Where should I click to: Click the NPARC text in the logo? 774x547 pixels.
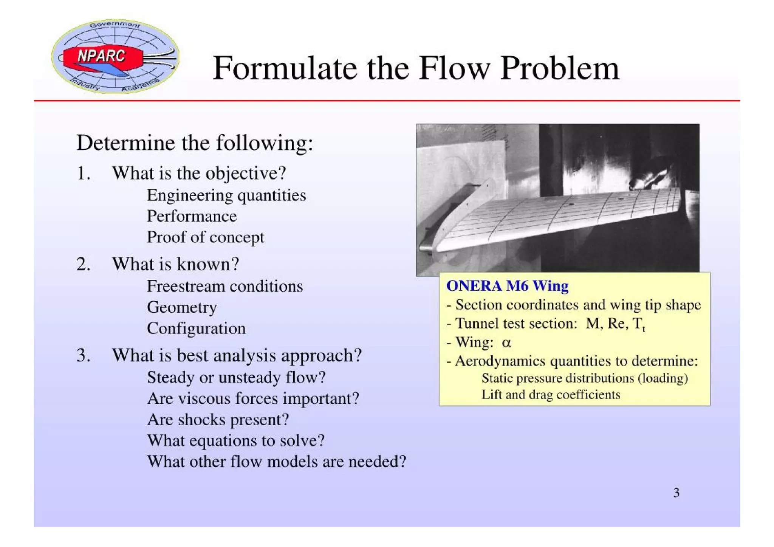[101, 56]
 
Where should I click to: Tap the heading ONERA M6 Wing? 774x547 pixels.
[507, 286]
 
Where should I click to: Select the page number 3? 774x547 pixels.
[676, 493]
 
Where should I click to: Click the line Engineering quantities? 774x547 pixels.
[226, 195]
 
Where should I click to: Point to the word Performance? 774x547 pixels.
[192, 216]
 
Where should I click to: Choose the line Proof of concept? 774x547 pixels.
[205, 237]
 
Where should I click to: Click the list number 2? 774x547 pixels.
[83, 264]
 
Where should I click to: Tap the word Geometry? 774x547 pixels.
[182, 307]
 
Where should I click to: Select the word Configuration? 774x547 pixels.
[196, 328]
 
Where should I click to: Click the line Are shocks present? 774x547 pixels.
[218, 420]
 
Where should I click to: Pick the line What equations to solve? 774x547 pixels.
[235, 440]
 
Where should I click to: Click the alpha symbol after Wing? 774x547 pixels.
[506, 343]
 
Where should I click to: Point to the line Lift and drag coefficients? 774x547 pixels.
[551, 395]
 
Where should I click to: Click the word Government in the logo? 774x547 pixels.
[115, 25]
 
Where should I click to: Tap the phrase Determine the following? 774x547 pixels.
[195, 143]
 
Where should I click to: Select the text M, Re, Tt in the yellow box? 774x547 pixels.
[615, 324]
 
